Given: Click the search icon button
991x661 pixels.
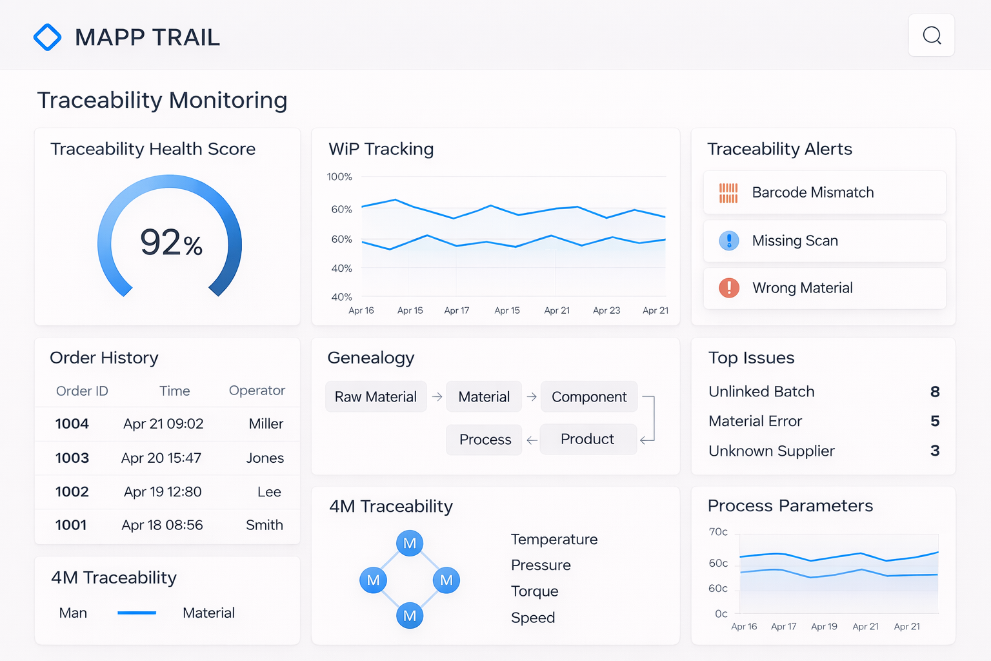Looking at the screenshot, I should pos(931,36).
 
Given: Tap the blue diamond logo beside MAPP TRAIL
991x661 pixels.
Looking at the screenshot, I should pos(47,37).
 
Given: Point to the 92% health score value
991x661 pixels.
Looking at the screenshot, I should pos(171,243).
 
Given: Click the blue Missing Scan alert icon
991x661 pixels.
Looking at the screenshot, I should pos(729,241).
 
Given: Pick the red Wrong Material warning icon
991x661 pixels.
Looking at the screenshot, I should pos(729,288).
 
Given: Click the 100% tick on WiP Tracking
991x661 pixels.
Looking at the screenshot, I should pos(339,177).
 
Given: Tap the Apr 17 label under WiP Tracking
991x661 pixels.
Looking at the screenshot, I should pos(457,310).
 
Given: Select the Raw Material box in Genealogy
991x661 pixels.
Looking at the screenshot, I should pos(375,397).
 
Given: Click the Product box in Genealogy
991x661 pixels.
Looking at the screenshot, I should pos(587,439).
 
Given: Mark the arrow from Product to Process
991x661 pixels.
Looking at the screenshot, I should pos(532,440).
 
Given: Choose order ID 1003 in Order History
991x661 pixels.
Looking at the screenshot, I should pos(72,458).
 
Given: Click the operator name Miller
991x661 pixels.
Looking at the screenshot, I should pos(266,424).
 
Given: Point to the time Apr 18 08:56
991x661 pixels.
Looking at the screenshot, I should pos(162,525).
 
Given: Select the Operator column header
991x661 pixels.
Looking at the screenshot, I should pos(257,391).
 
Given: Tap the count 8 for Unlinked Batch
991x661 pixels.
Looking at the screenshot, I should pos(934,392).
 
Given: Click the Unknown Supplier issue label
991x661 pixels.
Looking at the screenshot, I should pos(771,451).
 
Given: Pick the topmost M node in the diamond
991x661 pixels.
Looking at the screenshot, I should pos(410,544).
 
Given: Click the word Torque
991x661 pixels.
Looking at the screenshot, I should pos(534,591).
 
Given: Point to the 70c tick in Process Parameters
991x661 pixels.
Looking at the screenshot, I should pos(718,532).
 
